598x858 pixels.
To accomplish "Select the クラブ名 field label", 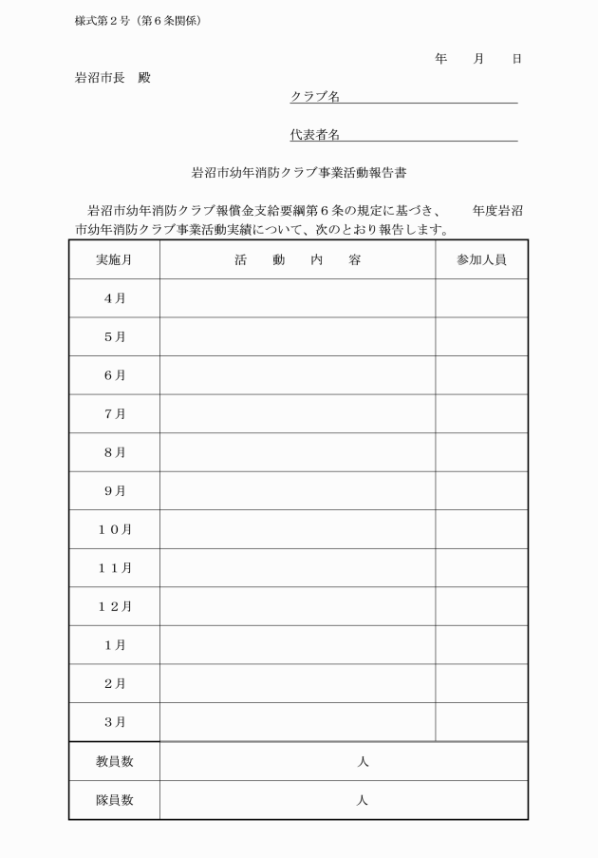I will click(315, 96).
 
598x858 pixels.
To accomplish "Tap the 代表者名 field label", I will click(315, 135).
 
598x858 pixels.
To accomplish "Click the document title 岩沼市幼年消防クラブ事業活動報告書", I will click(299, 174).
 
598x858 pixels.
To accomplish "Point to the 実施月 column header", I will click(114, 259).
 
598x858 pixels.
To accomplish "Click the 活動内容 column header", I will click(297, 259).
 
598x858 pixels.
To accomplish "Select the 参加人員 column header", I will click(481, 259).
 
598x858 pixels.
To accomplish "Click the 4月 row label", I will click(114, 298).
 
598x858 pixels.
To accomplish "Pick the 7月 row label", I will click(114, 413).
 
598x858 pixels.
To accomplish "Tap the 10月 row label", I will click(114, 529).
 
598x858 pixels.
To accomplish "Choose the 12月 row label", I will click(114, 606).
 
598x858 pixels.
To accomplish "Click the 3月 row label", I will click(114, 722).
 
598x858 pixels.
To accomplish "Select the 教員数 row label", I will click(114, 762).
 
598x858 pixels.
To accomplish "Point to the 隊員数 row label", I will click(114, 800).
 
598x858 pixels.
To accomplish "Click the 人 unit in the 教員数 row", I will click(363, 762).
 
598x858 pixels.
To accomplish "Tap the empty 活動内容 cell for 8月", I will click(297, 452).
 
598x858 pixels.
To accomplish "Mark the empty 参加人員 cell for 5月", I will click(481, 336).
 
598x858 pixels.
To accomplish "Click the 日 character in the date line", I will click(516, 59).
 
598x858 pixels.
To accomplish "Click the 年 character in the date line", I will click(440, 59).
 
